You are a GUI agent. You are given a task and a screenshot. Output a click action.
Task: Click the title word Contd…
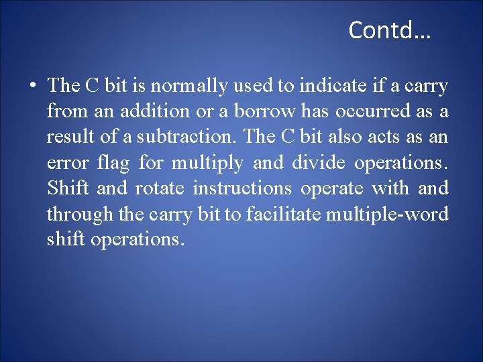[389, 30]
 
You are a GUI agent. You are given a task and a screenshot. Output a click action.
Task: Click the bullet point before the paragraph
[32, 86]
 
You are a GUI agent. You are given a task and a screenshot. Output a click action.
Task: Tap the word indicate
[329, 86]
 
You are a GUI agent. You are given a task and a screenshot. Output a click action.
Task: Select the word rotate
[159, 188]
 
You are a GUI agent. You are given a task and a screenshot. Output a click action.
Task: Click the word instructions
[242, 188]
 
